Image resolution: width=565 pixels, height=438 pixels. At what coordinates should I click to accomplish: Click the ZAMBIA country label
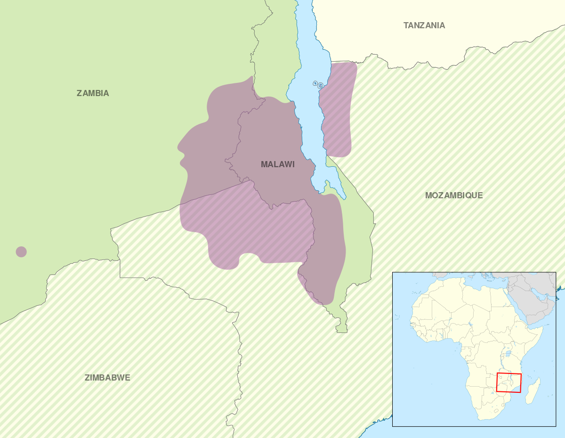(93, 93)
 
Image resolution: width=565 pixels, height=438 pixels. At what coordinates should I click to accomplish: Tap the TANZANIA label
(424, 25)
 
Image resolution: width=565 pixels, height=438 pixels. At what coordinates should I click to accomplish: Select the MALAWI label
(277, 164)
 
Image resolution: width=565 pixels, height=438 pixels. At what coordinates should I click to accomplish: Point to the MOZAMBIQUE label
(453, 195)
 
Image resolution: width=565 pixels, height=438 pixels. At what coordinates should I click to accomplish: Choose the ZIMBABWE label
(107, 378)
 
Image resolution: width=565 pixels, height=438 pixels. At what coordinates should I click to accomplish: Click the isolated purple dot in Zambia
(21, 251)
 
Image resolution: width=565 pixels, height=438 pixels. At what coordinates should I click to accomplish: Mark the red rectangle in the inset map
(508, 383)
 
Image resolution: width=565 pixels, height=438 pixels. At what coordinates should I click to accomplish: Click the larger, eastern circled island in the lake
(321, 86)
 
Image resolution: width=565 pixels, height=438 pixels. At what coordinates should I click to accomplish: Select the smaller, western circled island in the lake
(315, 83)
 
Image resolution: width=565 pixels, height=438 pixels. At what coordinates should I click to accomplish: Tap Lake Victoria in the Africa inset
(508, 353)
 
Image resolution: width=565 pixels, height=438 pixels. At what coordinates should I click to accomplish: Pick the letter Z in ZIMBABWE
(87, 378)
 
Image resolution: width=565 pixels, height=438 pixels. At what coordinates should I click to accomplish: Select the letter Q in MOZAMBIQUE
(471, 195)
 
